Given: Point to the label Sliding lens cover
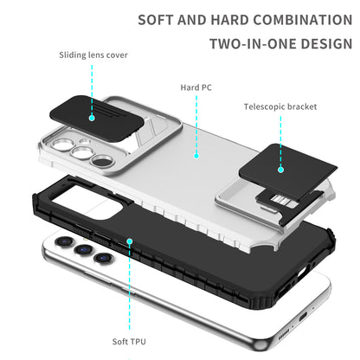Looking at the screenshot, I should (x=93, y=55).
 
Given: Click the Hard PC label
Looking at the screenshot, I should (x=196, y=87).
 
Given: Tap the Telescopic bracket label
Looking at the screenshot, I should (x=279, y=106).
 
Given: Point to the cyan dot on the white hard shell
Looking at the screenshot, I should (x=196, y=157).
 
